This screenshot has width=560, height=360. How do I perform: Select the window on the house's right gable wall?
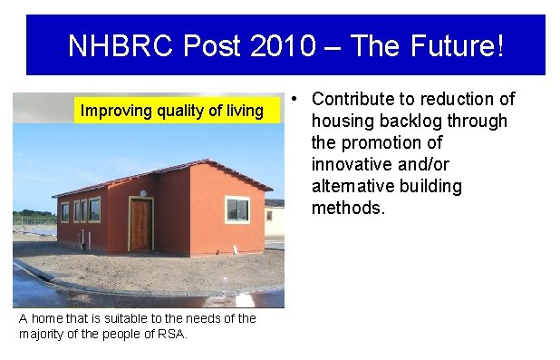[237, 209]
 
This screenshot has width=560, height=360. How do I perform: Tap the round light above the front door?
[141, 193]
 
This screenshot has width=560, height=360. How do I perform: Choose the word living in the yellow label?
[242, 112]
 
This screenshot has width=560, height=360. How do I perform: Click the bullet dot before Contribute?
[297, 98]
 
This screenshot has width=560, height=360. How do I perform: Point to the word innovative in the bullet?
[350, 165]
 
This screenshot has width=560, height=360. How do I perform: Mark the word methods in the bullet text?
[348, 209]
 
